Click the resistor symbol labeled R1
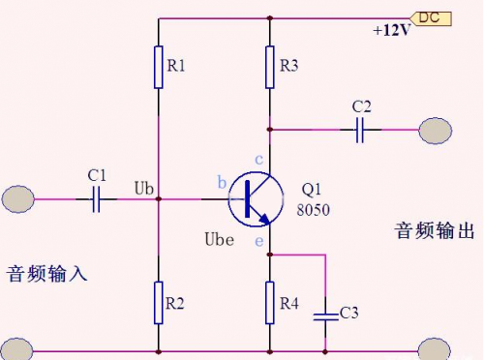pyautogui.click(x=158, y=67)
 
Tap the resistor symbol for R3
pyautogui.click(x=270, y=67)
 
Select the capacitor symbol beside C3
pyautogui.click(x=326, y=313)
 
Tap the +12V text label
pyautogui.click(x=392, y=31)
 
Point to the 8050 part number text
pyautogui.click(x=314, y=208)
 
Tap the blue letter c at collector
pyautogui.click(x=258, y=159)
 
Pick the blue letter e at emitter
pyautogui.click(x=258, y=239)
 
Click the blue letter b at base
pyautogui.click(x=222, y=183)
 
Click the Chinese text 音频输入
pyautogui.click(x=47, y=273)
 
